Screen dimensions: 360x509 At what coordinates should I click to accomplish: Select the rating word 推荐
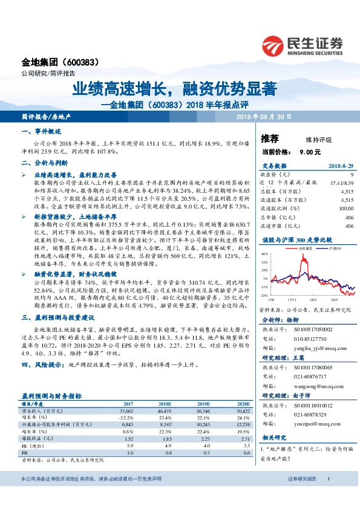(270, 139)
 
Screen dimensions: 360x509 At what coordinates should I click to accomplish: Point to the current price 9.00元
(310, 152)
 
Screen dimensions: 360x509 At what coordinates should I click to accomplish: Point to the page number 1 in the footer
(327, 496)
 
